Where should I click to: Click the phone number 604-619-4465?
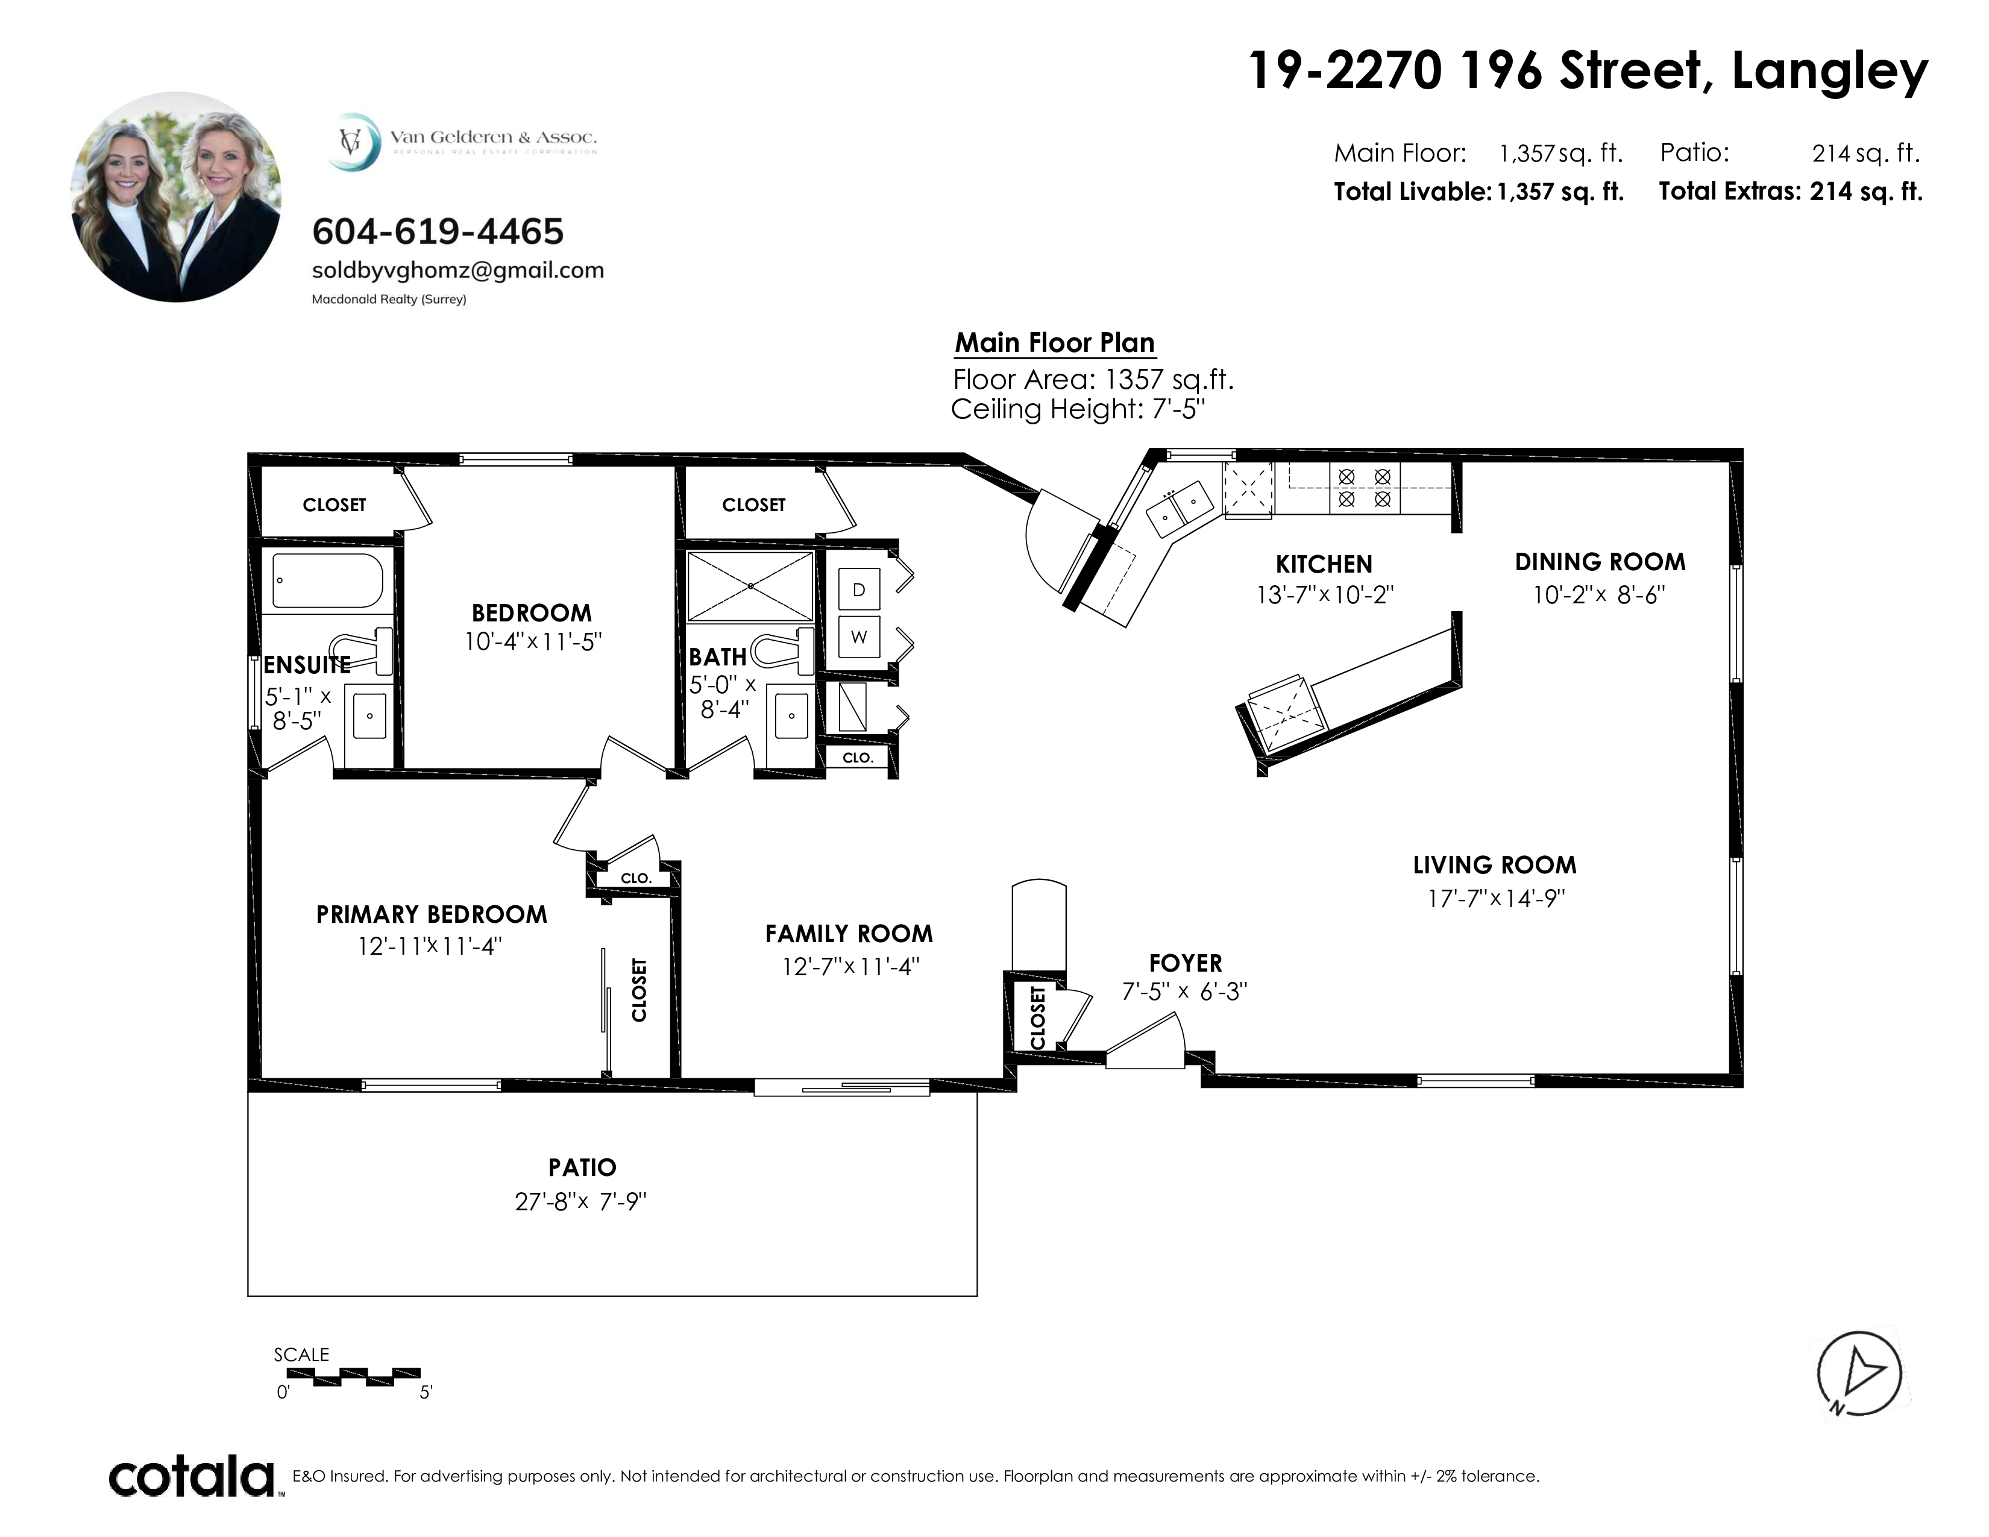pyautogui.click(x=438, y=232)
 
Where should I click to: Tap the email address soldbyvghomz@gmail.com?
pyautogui.click(x=458, y=271)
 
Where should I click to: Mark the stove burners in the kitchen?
pyautogui.click(x=1364, y=487)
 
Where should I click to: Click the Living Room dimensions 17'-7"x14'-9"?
pyautogui.click(x=1495, y=898)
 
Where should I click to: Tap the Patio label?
pyautogui.click(x=583, y=1168)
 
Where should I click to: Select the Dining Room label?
pyautogui.click(x=1600, y=562)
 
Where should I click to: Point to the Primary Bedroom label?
pyautogui.click(x=432, y=914)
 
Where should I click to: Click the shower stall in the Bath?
pyautogui.click(x=750, y=586)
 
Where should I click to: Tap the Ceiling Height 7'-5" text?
pyautogui.click(x=1078, y=409)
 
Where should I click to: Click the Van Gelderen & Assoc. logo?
pyautogui.click(x=463, y=140)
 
